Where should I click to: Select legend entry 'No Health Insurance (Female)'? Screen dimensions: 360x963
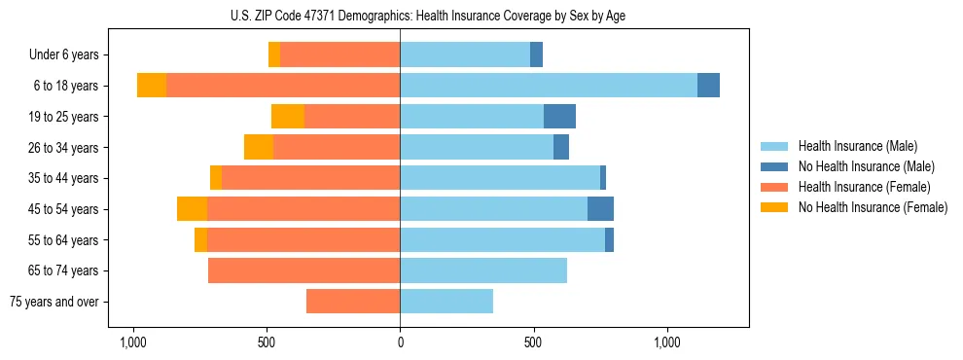coord(873,207)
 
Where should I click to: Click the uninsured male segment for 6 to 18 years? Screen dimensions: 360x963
coord(708,86)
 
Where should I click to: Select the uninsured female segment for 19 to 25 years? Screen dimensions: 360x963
coord(288,117)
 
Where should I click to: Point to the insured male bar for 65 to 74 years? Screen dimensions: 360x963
coord(483,270)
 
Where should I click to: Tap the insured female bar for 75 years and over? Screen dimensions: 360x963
coord(353,302)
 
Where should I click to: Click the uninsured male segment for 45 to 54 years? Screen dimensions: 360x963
coord(600,209)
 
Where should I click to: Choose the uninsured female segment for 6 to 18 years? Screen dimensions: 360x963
coord(152,86)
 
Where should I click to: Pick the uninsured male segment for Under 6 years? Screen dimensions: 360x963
coord(536,55)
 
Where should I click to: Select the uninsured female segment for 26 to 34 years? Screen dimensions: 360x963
coord(259,147)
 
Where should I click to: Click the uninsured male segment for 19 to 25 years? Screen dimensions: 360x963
coord(559,117)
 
